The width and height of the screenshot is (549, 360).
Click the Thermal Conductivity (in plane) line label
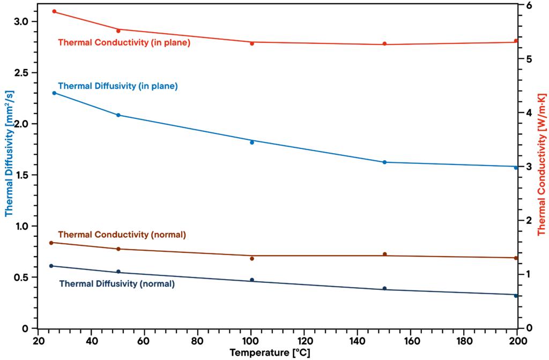coord(124,42)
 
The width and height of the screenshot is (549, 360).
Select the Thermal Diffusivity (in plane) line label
coord(117,85)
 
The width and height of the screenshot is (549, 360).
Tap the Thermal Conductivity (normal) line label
coord(122,235)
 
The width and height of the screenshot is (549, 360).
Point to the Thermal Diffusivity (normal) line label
coord(117,284)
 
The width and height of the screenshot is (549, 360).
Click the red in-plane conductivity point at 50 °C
coord(118,31)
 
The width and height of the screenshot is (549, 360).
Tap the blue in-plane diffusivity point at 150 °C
coord(384,162)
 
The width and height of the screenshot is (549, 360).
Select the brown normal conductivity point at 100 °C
coord(251,258)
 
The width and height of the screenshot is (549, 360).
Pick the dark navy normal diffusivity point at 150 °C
coord(384,288)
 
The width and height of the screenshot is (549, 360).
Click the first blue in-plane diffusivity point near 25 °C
coord(54,93)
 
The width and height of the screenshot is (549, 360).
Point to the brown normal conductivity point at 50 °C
coord(118,249)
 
